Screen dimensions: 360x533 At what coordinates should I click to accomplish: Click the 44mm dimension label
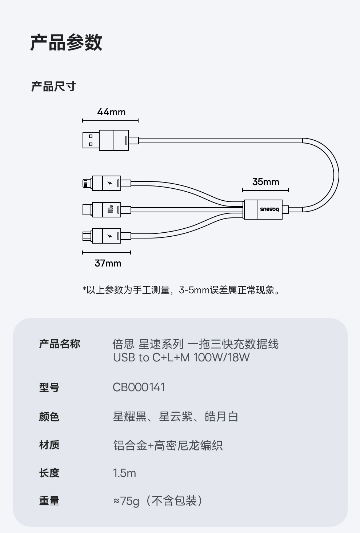[x=111, y=112]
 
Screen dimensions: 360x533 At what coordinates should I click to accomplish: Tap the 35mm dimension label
[x=265, y=182]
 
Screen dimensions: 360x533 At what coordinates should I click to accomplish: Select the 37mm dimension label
[x=108, y=263]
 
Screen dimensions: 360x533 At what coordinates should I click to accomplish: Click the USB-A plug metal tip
[x=91, y=140]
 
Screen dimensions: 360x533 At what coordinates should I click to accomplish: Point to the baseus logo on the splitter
[x=269, y=209]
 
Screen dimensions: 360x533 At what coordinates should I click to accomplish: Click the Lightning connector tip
[x=87, y=183]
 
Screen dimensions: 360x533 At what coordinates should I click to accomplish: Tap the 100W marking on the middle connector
[x=111, y=210]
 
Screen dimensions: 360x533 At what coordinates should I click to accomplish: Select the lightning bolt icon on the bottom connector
[x=110, y=236]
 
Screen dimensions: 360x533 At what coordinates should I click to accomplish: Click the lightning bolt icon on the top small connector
[x=110, y=183]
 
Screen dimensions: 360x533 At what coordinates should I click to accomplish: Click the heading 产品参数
[x=67, y=42]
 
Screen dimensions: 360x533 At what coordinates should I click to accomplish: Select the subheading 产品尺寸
[x=53, y=87]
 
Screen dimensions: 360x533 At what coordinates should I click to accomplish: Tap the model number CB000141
[x=139, y=387]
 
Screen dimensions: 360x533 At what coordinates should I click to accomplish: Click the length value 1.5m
[x=124, y=473]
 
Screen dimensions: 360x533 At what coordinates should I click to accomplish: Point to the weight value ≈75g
[x=126, y=501]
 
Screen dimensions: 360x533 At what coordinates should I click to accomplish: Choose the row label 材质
[x=49, y=445]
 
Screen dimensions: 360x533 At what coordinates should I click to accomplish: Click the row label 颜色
[x=49, y=417]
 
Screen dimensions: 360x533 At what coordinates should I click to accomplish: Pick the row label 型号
[x=49, y=387]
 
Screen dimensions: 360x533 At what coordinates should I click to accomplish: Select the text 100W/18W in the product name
[x=221, y=357]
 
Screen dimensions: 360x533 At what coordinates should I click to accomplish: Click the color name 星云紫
[x=176, y=417]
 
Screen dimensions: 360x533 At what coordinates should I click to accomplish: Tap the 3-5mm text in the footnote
[x=194, y=290]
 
